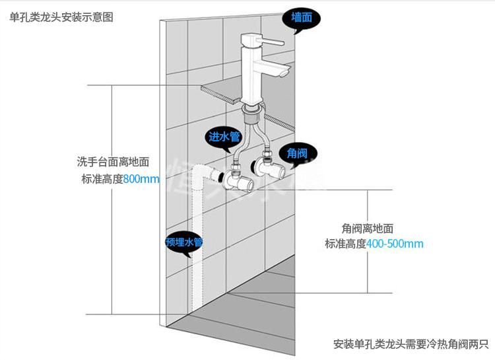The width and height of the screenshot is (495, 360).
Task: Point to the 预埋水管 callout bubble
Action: pos(184,242)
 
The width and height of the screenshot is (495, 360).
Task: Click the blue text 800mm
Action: pos(141,179)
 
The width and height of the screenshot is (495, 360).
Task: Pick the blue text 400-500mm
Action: pos(395,244)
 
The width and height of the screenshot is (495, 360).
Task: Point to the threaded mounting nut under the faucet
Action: pos(252,114)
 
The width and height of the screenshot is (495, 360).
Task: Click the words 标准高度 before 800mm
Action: pos(102,179)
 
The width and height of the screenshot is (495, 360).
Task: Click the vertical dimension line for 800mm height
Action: pos(112,198)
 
